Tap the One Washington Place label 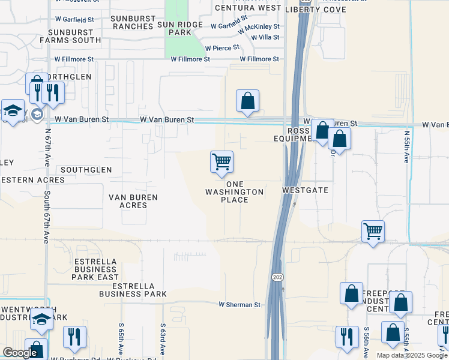235,192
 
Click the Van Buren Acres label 133,201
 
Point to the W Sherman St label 240,305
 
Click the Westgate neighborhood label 306,190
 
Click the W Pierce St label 222,47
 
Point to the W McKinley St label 259,28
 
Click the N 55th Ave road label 406,148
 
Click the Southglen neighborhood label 86,170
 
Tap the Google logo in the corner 20,353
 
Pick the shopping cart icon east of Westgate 373,231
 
